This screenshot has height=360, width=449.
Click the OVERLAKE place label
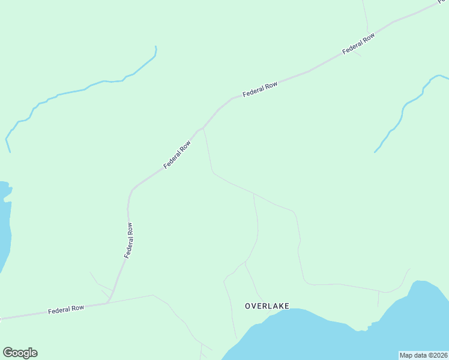(x=267, y=306)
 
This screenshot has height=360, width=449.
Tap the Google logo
(x=20, y=353)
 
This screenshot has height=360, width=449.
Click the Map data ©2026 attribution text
(x=423, y=355)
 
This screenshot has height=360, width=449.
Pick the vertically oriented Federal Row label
(x=128, y=241)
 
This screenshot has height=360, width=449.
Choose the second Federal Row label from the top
(x=260, y=90)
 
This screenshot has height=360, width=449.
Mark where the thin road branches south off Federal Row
(x=203, y=128)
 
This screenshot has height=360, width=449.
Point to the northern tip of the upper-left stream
(x=155, y=47)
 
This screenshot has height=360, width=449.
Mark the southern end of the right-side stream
(x=375, y=152)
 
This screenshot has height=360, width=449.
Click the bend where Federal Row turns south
(x=131, y=191)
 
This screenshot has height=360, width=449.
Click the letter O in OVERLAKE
(x=248, y=306)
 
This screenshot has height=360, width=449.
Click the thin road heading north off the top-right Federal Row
(x=365, y=15)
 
